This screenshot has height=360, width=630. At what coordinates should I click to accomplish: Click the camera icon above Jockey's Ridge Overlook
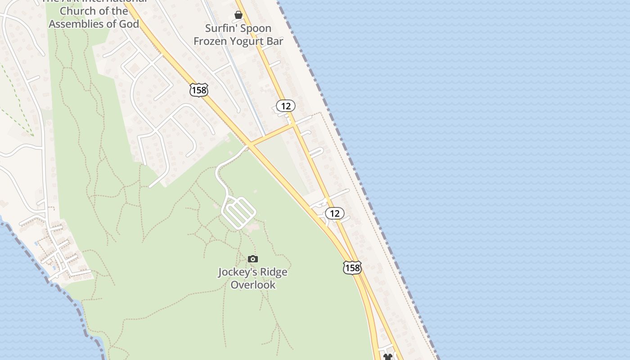253,259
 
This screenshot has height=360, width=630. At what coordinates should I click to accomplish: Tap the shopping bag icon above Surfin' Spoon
238,15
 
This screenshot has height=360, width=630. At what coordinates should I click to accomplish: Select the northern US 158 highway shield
198,90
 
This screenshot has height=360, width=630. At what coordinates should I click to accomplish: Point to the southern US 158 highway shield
352,268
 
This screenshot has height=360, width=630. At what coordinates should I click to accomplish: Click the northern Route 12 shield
285,106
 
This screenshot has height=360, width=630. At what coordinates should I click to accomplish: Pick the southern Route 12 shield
334,213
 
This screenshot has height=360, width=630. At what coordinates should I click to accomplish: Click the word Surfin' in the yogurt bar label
220,28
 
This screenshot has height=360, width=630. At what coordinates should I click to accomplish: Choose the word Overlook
253,285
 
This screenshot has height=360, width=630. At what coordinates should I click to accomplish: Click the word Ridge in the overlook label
273,272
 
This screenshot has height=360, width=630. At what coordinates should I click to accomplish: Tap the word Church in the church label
77,11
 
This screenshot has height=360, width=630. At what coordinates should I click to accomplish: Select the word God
128,24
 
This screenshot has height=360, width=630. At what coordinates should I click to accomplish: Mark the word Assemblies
77,24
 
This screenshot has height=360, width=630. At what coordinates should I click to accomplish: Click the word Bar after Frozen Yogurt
274,41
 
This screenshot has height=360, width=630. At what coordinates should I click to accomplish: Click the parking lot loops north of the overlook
238,213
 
